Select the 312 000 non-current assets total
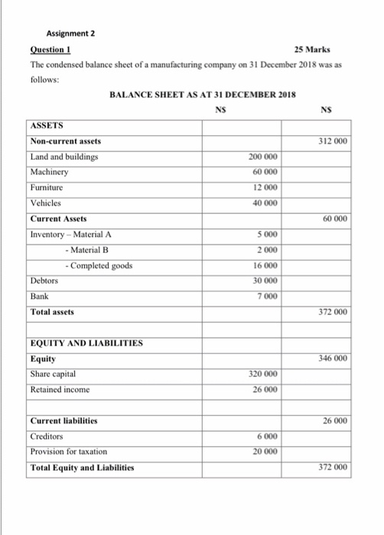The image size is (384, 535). tap(334, 141)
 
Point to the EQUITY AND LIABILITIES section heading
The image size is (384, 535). tap(86, 344)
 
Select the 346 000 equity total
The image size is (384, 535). tap(334, 358)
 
